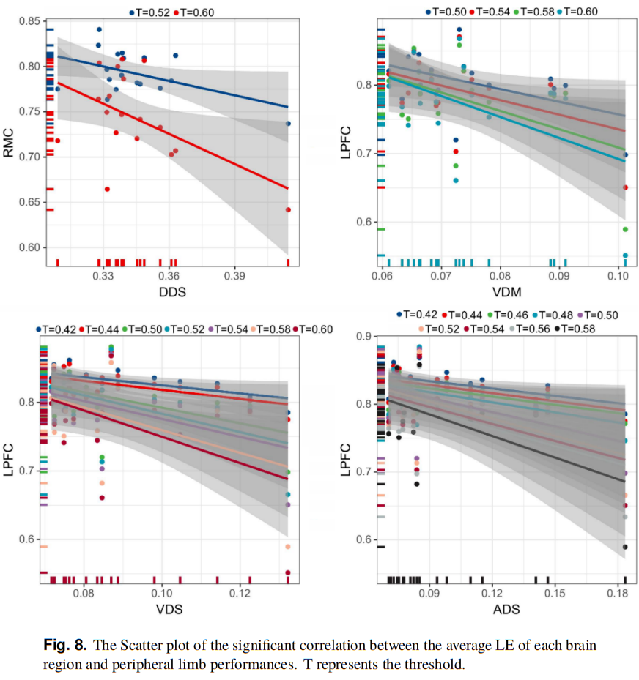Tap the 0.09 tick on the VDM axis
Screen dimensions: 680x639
pos(559,278)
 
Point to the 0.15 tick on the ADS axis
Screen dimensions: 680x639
pos(555,591)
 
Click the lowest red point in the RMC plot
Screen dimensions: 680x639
pos(288,210)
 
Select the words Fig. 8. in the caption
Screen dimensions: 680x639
pos(65,646)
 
